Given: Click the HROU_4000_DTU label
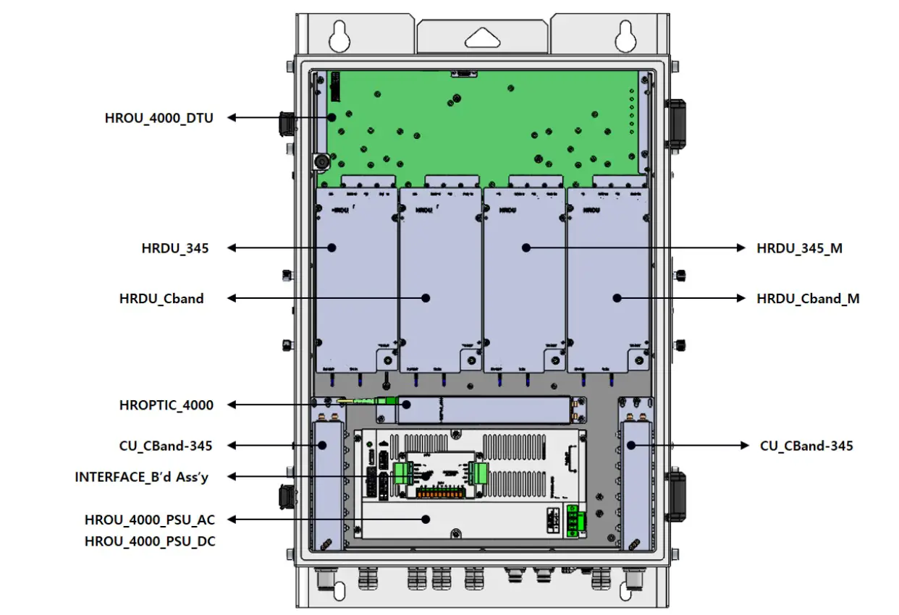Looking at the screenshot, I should tap(159, 117).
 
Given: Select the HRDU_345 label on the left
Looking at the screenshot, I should tap(175, 248).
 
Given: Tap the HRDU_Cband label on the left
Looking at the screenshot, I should tap(161, 298).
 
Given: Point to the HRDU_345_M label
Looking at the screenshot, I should tap(799, 248).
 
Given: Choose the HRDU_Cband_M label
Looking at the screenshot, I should tap(808, 298).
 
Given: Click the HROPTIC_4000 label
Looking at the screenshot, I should tap(166, 405).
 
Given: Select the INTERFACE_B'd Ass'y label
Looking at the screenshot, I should tap(146, 477).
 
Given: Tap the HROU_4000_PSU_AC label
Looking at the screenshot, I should tap(150, 519).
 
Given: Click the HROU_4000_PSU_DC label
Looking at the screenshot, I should tap(150, 540).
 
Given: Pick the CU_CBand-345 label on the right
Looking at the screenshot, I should tap(806, 446).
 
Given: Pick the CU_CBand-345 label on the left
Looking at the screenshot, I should tap(166, 446).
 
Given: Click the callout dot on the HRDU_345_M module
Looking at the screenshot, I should tap(526, 247).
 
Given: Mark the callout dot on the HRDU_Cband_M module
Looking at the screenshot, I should tap(617, 297).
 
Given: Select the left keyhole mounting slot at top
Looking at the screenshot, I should tap(338, 34).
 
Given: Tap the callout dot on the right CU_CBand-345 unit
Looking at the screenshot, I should tap(631, 446).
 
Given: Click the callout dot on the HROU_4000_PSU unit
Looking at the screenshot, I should tap(427, 519).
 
